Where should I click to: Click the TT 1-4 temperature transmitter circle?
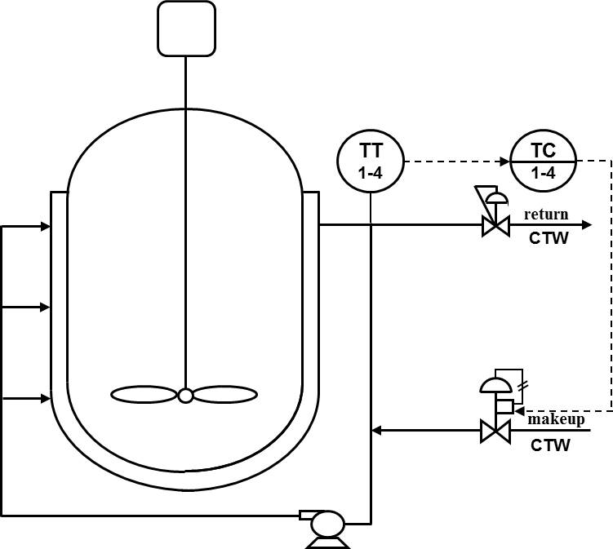[371, 161]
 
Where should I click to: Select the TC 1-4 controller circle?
[544, 162]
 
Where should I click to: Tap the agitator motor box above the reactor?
[186, 29]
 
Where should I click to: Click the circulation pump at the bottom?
[327, 524]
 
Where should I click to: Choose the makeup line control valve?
[495, 430]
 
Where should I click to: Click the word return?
[546, 215]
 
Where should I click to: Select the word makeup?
[556, 419]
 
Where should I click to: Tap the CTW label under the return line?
[549, 238]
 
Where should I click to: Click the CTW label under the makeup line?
[550, 445]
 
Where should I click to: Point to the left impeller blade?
[144, 395]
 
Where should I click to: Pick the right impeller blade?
[225, 395]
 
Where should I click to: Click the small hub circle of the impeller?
[186, 396]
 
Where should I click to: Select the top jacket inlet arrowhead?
[46, 226]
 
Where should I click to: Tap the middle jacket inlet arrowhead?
[46, 308]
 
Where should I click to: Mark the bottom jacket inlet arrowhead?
[46, 399]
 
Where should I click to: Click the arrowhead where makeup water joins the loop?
[375, 430]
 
